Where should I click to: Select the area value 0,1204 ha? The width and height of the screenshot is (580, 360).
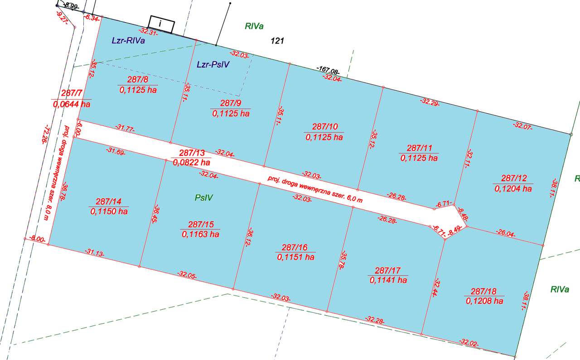pos(513,188)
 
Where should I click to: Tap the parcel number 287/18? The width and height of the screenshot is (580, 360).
pos(484,292)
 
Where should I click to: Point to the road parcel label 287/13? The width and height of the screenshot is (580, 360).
pos(191,153)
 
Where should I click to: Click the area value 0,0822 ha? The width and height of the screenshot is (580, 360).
pos(191,162)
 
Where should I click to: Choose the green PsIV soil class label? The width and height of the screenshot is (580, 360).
pos(204,197)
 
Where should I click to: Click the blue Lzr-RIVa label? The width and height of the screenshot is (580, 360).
pos(128,41)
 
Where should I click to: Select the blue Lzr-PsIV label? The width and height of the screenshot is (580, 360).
pos(213,65)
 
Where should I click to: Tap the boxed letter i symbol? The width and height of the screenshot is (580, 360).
pos(161,24)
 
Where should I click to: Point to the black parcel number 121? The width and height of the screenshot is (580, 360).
pos(277,41)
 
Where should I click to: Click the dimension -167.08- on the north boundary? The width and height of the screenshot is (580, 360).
pos(329,71)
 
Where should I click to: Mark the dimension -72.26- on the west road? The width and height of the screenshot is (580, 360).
pos(44,134)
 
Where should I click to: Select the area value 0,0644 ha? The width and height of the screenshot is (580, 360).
pos(71,104)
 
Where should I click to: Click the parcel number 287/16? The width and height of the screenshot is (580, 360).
pos(295,248)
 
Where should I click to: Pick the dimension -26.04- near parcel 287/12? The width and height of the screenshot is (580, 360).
pos(506,234)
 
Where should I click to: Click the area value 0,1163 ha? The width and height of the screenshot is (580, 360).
pos(201,234)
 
